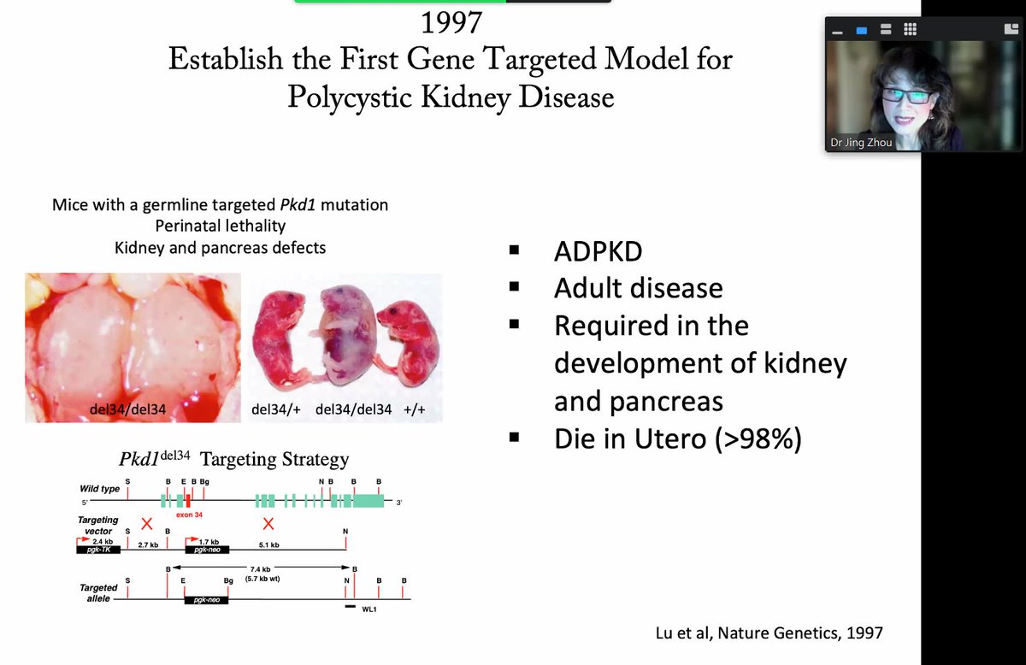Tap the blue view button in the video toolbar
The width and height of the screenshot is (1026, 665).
click(x=862, y=30)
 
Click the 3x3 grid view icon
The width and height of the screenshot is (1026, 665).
click(x=910, y=29)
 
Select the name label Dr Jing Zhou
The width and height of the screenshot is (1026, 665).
click(x=862, y=143)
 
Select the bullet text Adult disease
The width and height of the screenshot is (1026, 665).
click(x=638, y=288)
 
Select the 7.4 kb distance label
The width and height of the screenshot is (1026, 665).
click(x=261, y=568)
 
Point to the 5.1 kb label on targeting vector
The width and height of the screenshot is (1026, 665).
click(x=268, y=544)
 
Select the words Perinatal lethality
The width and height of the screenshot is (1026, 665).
click(x=220, y=227)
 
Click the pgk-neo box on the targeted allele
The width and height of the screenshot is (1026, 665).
click(x=206, y=600)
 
